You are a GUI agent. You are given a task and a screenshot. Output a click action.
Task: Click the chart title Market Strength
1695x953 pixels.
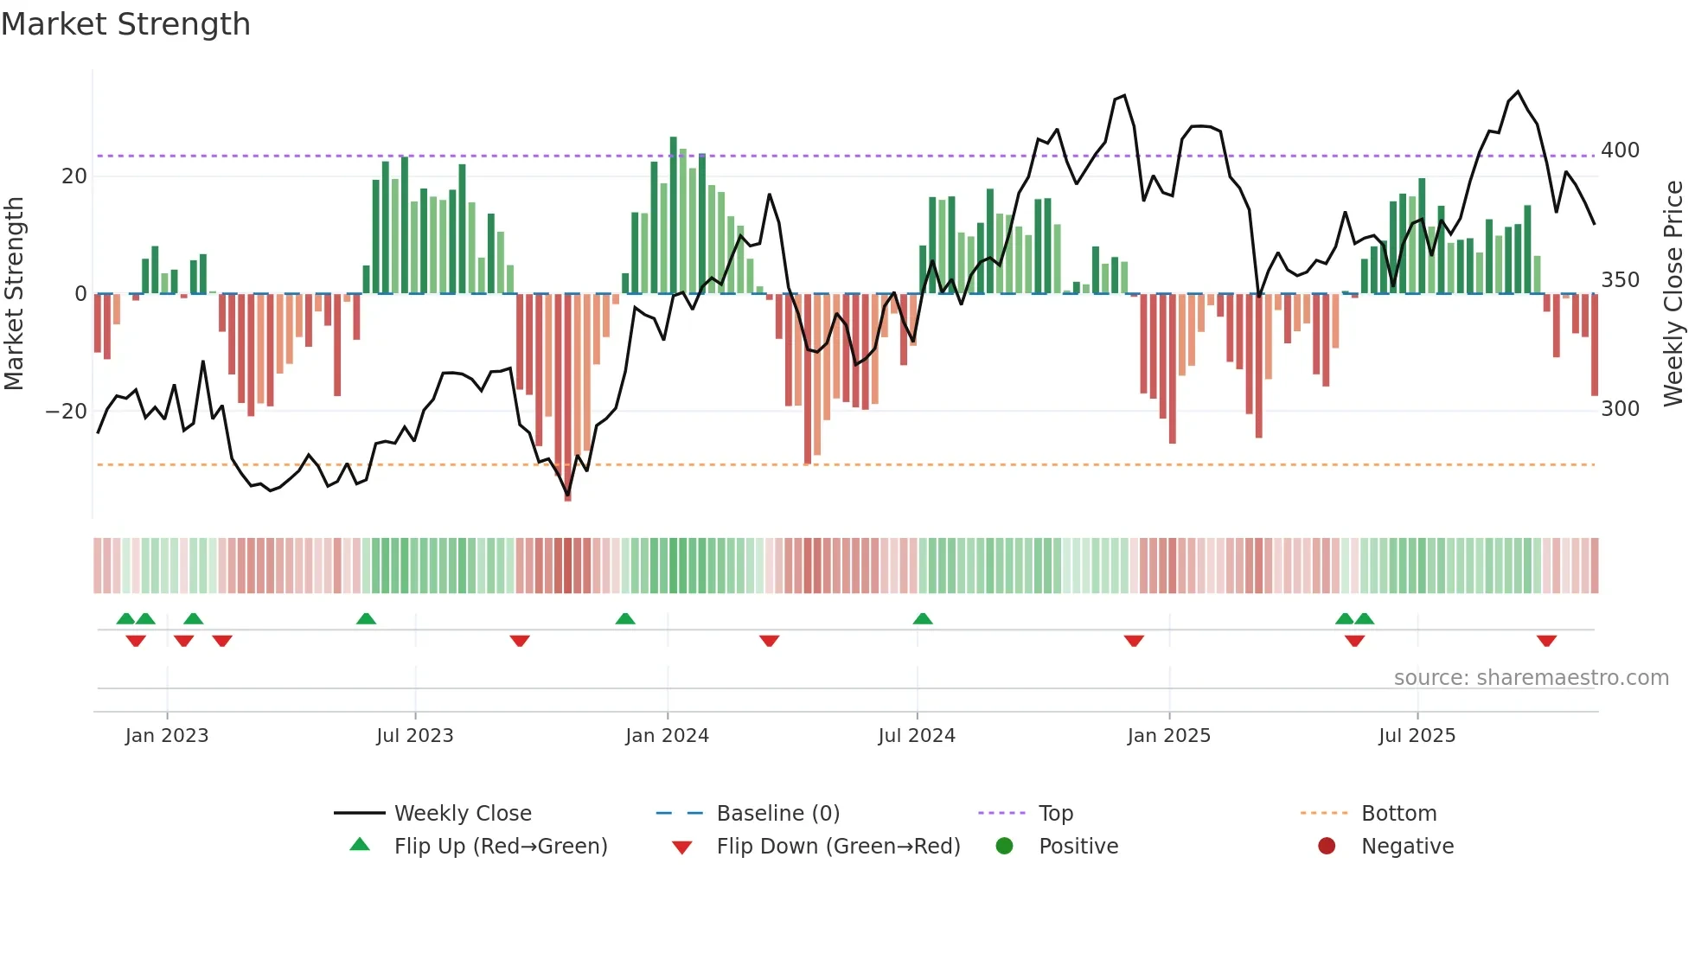(x=125, y=24)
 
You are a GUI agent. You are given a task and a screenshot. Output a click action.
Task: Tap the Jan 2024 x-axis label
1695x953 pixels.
(x=667, y=736)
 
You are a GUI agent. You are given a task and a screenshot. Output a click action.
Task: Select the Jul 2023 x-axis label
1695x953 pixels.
(x=414, y=736)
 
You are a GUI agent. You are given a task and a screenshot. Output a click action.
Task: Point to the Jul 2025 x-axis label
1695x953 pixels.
(x=1417, y=736)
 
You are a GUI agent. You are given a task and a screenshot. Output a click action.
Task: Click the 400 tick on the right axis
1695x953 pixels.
(x=1620, y=150)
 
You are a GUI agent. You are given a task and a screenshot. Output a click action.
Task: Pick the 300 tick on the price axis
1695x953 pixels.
(x=1620, y=409)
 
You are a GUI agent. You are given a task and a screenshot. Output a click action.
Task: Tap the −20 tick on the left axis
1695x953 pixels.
(x=66, y=412)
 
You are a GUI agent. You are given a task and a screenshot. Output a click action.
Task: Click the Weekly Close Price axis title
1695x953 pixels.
(x=1673, y=294)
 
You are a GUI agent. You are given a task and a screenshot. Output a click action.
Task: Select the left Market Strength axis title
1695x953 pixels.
(x=15, y=294)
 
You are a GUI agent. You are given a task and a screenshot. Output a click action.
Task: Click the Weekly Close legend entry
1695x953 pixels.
(x=462, y=814)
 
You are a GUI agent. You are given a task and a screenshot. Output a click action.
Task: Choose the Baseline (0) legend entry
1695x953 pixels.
(x=777, y=814)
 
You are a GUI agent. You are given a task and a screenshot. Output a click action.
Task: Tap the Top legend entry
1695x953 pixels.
(x=1055, y=814)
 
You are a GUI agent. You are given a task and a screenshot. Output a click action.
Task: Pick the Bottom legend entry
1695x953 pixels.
(x=1398, y=814)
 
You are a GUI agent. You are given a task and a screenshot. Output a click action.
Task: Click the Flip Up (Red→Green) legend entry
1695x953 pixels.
(x=500, y=847)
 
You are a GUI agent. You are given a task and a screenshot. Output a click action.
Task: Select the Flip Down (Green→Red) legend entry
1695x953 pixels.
(x=837, y=847)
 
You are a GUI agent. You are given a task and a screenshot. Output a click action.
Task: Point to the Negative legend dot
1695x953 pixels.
(x=1327, y=847)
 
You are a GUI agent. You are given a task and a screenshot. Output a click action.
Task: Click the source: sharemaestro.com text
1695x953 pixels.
(x=1531, y=678)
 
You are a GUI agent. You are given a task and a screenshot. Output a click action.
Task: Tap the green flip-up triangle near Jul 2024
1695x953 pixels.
(x=923, y=619)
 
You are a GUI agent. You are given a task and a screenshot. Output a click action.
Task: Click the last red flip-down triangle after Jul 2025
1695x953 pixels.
(x=1546, y=641)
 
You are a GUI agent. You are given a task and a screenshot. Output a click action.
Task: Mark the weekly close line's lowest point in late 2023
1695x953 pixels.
(x=567, y=495)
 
